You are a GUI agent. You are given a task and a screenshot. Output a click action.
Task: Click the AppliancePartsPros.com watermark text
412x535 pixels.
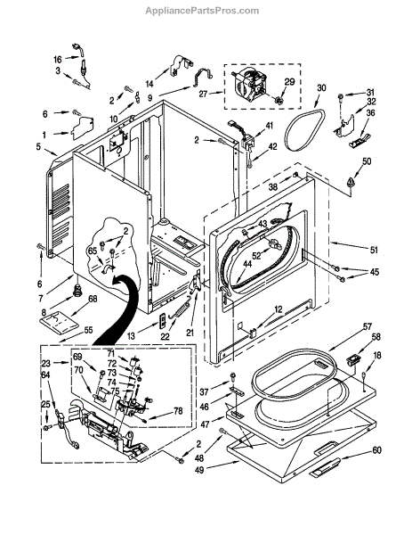click(x=202, y=11)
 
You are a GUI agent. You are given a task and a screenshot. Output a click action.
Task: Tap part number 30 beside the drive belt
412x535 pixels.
click(x=321, y=87)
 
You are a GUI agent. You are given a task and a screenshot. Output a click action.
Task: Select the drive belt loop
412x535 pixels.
click(x=304, y=130)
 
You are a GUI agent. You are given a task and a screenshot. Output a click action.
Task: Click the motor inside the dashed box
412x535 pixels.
click(x=248, y=85)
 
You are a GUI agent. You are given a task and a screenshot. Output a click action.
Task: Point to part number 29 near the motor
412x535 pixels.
click(x=289, y=82)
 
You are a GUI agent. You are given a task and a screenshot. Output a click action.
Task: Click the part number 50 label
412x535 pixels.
click(x=367, y=161)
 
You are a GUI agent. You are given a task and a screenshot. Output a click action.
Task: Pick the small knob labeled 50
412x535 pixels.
click(x=350, y=182)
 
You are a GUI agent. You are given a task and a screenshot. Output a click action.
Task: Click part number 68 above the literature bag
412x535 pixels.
click(x=93, y=299)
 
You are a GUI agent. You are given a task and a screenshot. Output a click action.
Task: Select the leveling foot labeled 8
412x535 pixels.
click(x=78, y=291)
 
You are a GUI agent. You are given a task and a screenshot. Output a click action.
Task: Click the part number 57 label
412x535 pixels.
click(x=367, y=326)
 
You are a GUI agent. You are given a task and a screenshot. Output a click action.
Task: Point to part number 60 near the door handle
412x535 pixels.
click(x=376, y=450)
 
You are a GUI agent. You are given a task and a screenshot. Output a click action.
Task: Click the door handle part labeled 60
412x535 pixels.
click(x=324, y=466)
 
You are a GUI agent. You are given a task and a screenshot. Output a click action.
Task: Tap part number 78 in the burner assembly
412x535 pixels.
click(x=178, y=411)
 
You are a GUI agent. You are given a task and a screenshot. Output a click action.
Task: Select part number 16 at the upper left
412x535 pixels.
click(x=58, y=60)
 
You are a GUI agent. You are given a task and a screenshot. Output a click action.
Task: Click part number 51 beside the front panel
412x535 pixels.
click(x=374, y=250)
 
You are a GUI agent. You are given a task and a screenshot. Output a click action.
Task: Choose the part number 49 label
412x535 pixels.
click(x=199, y=470)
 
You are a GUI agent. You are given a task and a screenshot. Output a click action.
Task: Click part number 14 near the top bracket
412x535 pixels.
click(x=149, y=83)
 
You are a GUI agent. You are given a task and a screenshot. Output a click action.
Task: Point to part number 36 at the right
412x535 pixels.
click(x=371, y=112)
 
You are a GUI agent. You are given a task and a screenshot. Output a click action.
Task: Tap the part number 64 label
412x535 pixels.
click(x=45, y=374)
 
